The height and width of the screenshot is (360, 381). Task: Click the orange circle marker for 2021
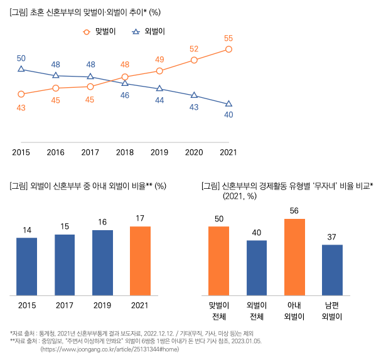coord(228,49)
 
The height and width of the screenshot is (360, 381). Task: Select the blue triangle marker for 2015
coord(21,70)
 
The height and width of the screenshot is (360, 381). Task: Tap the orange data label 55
coord(228,38)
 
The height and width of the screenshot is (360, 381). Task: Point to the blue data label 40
coord(228,115)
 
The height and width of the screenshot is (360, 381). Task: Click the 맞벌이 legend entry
coord(100,31)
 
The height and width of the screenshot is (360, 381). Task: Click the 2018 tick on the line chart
coord(125,152)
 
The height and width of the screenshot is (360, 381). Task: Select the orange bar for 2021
coord(141,260)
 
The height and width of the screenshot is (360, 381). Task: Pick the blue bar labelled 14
coord(27,266)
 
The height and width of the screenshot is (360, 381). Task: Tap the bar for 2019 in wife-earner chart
coord(102,262)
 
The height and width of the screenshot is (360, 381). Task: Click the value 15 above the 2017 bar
coord(65,226)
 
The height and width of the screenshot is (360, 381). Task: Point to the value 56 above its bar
coord(294,211)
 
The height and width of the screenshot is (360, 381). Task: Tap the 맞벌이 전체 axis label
coord(218,310)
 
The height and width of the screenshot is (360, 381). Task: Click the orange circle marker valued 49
coord(159,71)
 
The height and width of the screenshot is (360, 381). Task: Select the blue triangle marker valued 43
coord(194,95)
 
